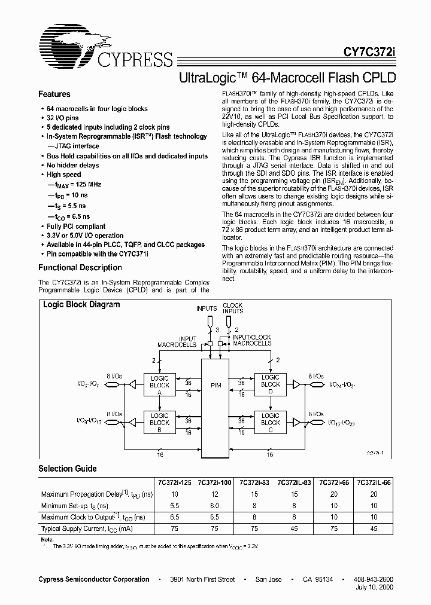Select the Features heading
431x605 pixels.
click(54, 94)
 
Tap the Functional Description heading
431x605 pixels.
click(80, 268)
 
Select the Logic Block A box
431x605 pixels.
click(160, 382)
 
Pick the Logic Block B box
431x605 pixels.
click(160, 419)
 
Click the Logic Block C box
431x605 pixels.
click(271, 419)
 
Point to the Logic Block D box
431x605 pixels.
click(271, 382)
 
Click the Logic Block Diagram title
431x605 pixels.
click(81, 305)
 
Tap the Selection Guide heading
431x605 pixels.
click(67, 469)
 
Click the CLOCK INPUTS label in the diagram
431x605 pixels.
click(232, 308)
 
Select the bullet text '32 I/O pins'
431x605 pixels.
click(67, 118)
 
